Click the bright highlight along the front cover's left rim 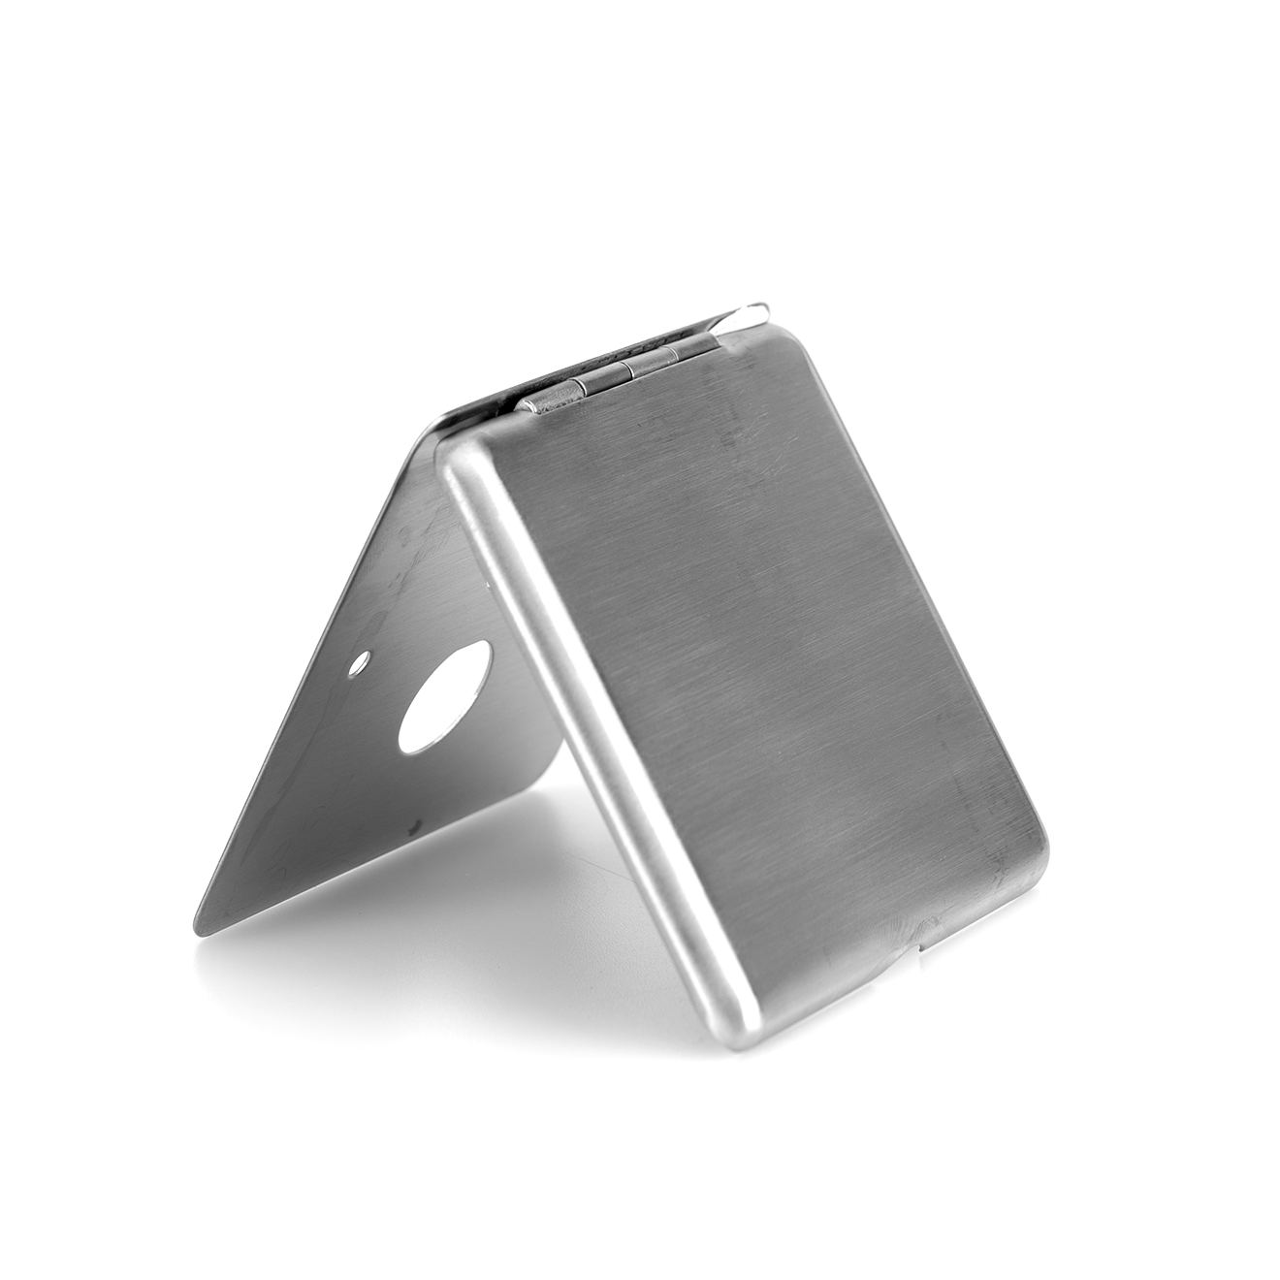click(x=601, y=756)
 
